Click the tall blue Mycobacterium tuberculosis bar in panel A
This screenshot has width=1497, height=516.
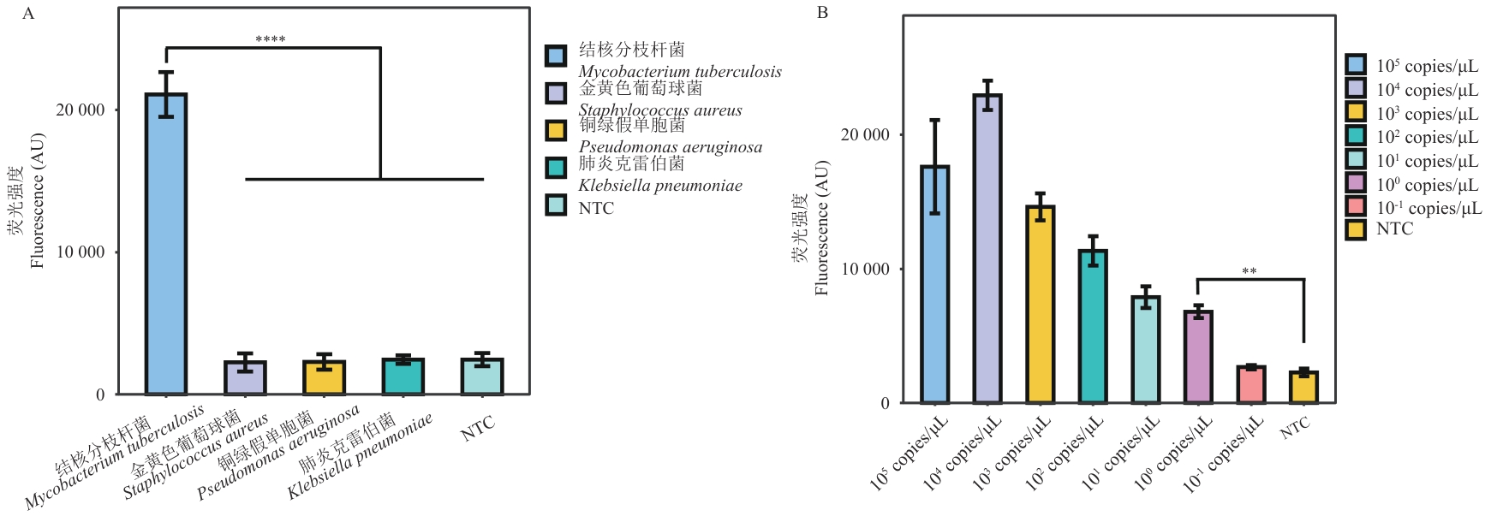coord(166,244)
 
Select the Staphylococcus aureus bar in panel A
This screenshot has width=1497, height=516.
coord(245,377)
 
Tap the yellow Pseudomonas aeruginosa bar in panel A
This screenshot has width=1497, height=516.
coord(324,377)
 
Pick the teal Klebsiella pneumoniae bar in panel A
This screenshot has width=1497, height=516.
coord(403,377)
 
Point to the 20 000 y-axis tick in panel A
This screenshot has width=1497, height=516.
coord(81,110)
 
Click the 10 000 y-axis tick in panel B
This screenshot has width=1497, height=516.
coord(865,269)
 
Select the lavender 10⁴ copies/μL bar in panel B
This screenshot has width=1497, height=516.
coord(987,248)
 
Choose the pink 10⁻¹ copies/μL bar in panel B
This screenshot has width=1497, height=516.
coord(1251,384)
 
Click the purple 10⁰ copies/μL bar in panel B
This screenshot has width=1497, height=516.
coord(1198,357)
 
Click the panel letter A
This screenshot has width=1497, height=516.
coord(28,14)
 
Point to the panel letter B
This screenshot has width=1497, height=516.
coord(822,13)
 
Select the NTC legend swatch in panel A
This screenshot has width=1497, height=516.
coord(557,205)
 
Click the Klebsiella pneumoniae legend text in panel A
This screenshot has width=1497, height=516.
coord(660,186)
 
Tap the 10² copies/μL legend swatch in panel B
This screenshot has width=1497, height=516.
coord(1356,135)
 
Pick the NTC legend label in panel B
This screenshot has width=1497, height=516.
coord(1394,229)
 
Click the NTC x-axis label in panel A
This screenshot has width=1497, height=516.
coord(477,427)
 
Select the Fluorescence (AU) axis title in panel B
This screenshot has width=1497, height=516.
coord(822,228)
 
